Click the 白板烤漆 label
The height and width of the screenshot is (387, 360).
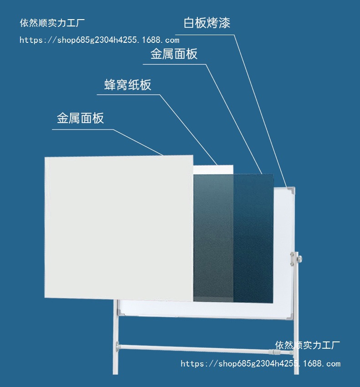click(206, 23)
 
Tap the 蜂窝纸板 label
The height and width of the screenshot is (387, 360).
click(128, 85)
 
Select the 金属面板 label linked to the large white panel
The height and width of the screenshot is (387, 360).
click(80, 119)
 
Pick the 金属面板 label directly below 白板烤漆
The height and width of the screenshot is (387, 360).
click(174, 54)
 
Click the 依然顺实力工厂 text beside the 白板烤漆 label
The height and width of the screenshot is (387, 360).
click(52, 23)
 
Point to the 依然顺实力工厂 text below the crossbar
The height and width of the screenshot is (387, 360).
click(308, 345)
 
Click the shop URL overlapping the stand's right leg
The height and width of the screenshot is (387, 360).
click(260, 364)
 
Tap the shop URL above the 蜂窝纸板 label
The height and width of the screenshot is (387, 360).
click(99, 40)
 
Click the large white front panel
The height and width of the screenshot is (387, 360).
click(118, 228)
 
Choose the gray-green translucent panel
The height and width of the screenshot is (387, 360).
click(213, 237)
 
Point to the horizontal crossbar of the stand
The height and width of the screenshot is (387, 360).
click(196, 349)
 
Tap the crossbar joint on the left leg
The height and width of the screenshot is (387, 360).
click(119, 345)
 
